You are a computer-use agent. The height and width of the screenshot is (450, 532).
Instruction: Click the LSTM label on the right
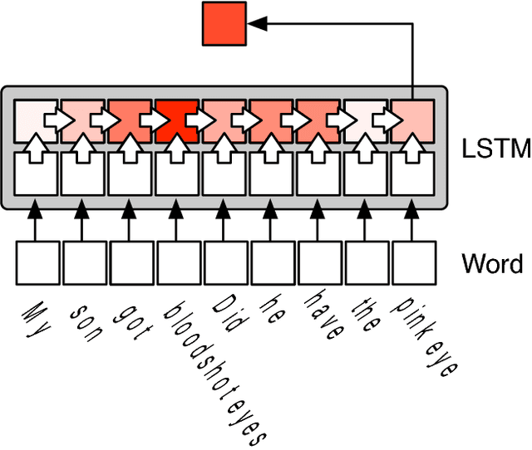tap(495, 149)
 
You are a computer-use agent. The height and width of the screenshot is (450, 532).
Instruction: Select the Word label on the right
tap(492, 264)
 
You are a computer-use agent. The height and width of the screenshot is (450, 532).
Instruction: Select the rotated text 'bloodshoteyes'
tap(215, 370)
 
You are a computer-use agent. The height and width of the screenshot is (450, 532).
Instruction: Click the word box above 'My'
tap(35, 262)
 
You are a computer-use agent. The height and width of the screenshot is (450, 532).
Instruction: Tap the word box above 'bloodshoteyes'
tap(177, 262)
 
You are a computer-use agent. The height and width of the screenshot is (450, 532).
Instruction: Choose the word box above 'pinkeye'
tap(414, 262)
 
